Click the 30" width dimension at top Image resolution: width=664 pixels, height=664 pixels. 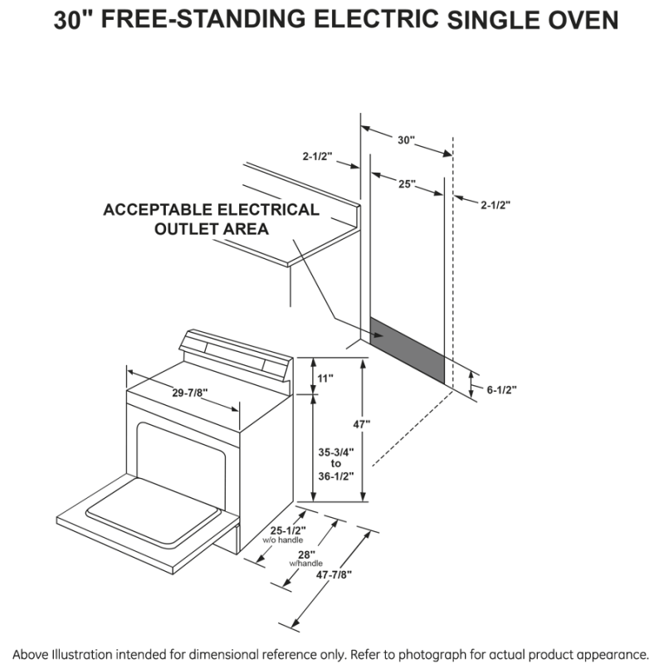click(x=405, y=140)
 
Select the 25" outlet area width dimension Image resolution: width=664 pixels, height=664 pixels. click(x=407, y=183)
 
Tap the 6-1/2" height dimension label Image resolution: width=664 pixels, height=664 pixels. click(x=501, y=389)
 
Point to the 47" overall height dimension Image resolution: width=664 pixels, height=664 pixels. click(x=360, y=424)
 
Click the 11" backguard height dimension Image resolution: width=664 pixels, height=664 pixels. click(x=325, y=378)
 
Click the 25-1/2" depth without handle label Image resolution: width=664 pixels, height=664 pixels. click(x=289, y=531)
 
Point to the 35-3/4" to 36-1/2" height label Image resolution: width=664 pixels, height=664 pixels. click(x=335, y=464)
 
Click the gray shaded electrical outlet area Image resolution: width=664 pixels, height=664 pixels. click(x=408, y=350)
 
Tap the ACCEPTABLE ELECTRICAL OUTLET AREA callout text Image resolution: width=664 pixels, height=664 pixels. click(x=211, y=219)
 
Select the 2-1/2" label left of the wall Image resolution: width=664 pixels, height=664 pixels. click(x=319, y=154)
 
